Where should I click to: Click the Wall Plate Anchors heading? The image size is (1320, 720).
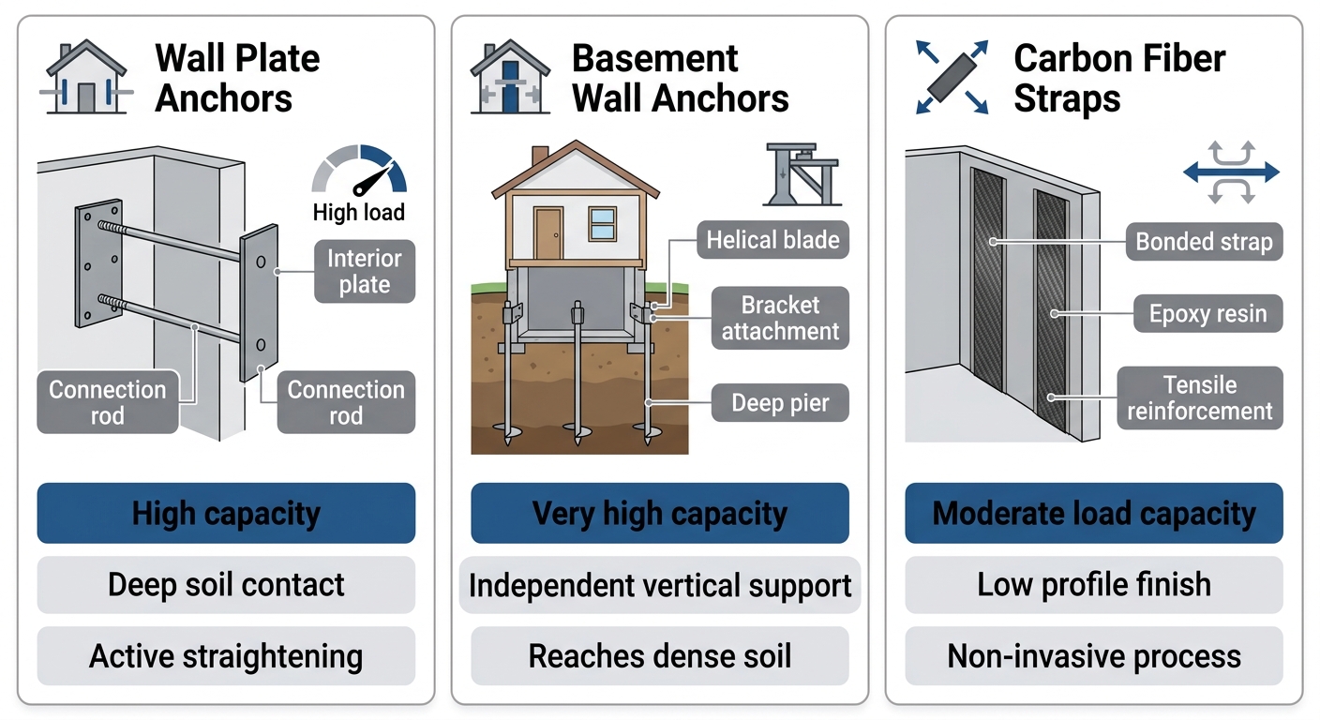[x=237, y=78]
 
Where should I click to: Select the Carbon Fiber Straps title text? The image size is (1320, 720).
[x=1119, y=78]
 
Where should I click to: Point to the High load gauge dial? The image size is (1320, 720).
[x=359, y=172]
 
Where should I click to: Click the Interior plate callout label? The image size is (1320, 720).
[x=365, y=272]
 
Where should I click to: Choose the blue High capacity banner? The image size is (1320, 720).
[x=226, y=514]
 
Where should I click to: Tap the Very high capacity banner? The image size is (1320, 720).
[x=660, y=514]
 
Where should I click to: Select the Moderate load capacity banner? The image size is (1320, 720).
[x=1094, y=514]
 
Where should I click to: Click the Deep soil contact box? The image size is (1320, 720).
[x=226, y=585]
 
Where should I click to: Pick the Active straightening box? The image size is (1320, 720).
[x=226, y=656]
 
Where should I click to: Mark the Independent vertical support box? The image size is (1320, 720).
[x=660, y=586]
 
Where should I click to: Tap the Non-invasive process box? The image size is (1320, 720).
[x=1094, y=656]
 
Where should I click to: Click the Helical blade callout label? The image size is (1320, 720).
[x=772, y=240]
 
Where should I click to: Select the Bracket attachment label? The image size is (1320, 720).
[x=780, y=318]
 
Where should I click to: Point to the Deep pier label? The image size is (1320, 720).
[x=780, y=404]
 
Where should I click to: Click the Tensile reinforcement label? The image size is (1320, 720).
[x=1200, y=398]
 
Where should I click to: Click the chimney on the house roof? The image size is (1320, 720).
[x=540, y=157]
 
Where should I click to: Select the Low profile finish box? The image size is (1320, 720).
[x=1094, y=585]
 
